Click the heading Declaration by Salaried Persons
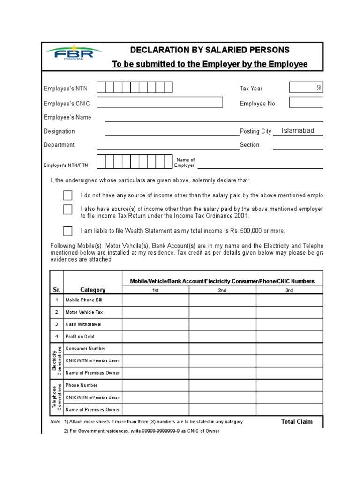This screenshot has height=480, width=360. coord(210,50)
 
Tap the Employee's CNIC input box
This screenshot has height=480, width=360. coord(160,102)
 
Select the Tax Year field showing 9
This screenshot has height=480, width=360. coord(306,88)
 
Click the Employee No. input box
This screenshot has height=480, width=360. coord(306,103)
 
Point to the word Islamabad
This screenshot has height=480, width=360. coord(298,131)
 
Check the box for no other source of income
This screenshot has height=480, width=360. coord(68,195)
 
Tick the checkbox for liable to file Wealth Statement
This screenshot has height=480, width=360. coord(68,231)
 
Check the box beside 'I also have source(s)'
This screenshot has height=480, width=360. coord(68,209)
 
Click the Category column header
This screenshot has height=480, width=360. coord(93,290)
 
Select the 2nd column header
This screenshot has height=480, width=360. coord(222,290)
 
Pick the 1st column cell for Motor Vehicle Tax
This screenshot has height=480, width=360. coord(156,312)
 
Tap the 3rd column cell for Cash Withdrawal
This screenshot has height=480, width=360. coord(289,324)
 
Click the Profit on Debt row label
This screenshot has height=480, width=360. coord(80,337)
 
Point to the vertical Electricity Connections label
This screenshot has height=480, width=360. coord(57,361)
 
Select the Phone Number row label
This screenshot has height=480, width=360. coord(82,385)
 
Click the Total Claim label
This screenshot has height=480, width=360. coord(297,421)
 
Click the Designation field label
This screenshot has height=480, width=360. coord(59,131)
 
